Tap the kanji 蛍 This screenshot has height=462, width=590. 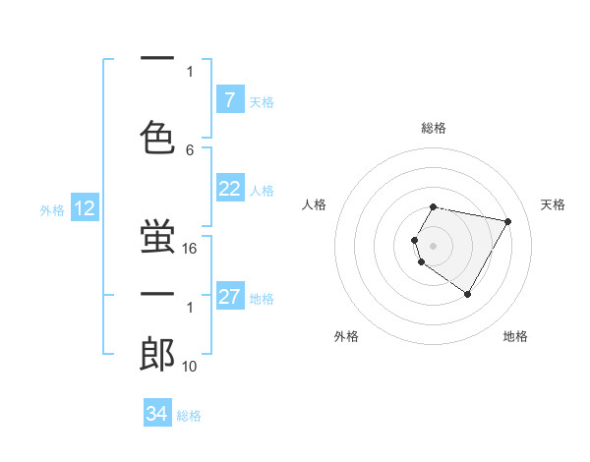(x=157, y=237)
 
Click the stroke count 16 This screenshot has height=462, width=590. (x=191, y=249)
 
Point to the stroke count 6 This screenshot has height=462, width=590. (x=190, y=149)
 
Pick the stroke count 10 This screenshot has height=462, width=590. (x=191, y=367)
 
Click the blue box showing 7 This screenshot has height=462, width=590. (x=230, y=100)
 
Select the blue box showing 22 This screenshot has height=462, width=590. (x=230, y=189)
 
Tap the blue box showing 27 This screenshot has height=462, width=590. (x=230, y=297)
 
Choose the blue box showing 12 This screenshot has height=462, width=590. (x=85, y=208)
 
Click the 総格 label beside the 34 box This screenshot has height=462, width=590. (x=189, y=416)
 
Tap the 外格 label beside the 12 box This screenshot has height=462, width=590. (x=52, y=209)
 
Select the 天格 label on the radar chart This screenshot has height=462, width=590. (x=553, y=204)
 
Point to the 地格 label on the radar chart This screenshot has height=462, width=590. (x=515, y=336)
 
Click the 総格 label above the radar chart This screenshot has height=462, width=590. (x=434, y=128)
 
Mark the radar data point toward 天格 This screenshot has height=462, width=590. (x=508, y=221)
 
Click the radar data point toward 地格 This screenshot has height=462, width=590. (x=467, y=295)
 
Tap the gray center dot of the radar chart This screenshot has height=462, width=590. (x=433, y=244)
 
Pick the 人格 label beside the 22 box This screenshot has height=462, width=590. (x=262, y=190)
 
